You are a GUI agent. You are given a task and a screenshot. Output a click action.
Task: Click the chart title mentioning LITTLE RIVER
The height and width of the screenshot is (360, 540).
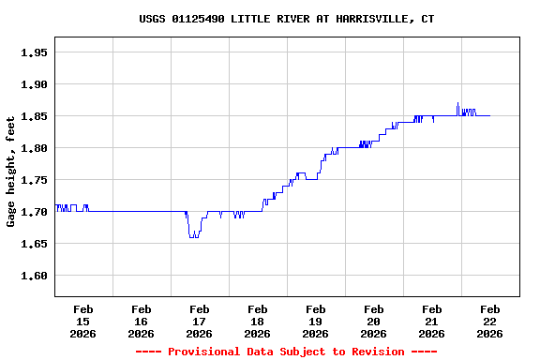click(286, 19)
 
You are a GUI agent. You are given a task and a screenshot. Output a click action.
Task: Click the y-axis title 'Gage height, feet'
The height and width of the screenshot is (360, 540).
click(11, 172)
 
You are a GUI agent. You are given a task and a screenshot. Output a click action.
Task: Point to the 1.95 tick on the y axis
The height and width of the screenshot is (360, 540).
click(34, 52)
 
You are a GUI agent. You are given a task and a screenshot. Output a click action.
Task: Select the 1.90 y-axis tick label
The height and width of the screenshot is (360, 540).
click(34, 84)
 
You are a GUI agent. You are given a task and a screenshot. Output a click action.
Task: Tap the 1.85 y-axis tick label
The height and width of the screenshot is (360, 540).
click(34, 116)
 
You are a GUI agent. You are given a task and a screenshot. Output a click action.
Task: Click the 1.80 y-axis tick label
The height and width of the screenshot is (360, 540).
click(34, 148)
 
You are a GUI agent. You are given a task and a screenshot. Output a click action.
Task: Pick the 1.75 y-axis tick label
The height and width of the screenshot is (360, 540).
click(34, 180)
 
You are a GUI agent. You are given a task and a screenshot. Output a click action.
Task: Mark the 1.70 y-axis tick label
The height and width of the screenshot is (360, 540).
click(34, 212)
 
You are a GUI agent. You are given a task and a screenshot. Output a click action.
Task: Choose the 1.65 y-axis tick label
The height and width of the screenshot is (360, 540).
click(34, 244)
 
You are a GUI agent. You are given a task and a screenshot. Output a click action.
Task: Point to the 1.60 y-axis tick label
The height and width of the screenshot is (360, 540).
click(34, 276)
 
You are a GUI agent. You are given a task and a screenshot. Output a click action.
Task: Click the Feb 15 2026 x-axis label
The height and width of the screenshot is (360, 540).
click(82, 321)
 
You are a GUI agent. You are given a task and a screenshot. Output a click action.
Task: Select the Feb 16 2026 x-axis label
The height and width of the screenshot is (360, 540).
click(141, 321)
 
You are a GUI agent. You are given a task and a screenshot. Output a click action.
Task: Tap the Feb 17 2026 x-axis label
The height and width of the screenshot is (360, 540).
click(199, 321)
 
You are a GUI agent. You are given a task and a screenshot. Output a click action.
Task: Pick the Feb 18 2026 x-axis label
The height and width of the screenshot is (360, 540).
click(257, 321)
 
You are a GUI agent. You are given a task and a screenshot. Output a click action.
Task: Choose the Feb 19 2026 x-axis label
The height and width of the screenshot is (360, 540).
click(315, 321)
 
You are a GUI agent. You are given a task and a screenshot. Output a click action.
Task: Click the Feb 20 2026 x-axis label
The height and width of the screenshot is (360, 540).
click(373, 321)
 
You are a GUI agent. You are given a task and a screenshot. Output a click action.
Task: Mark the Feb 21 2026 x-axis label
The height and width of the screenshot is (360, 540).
click(431, 321)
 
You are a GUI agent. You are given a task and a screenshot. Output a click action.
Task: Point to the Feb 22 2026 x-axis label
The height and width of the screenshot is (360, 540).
click(489, 321)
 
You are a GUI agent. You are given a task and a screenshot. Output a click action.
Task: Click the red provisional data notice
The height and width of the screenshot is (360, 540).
click(286, 352)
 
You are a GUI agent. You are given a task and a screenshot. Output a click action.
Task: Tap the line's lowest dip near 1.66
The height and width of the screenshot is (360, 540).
click(193, 236)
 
